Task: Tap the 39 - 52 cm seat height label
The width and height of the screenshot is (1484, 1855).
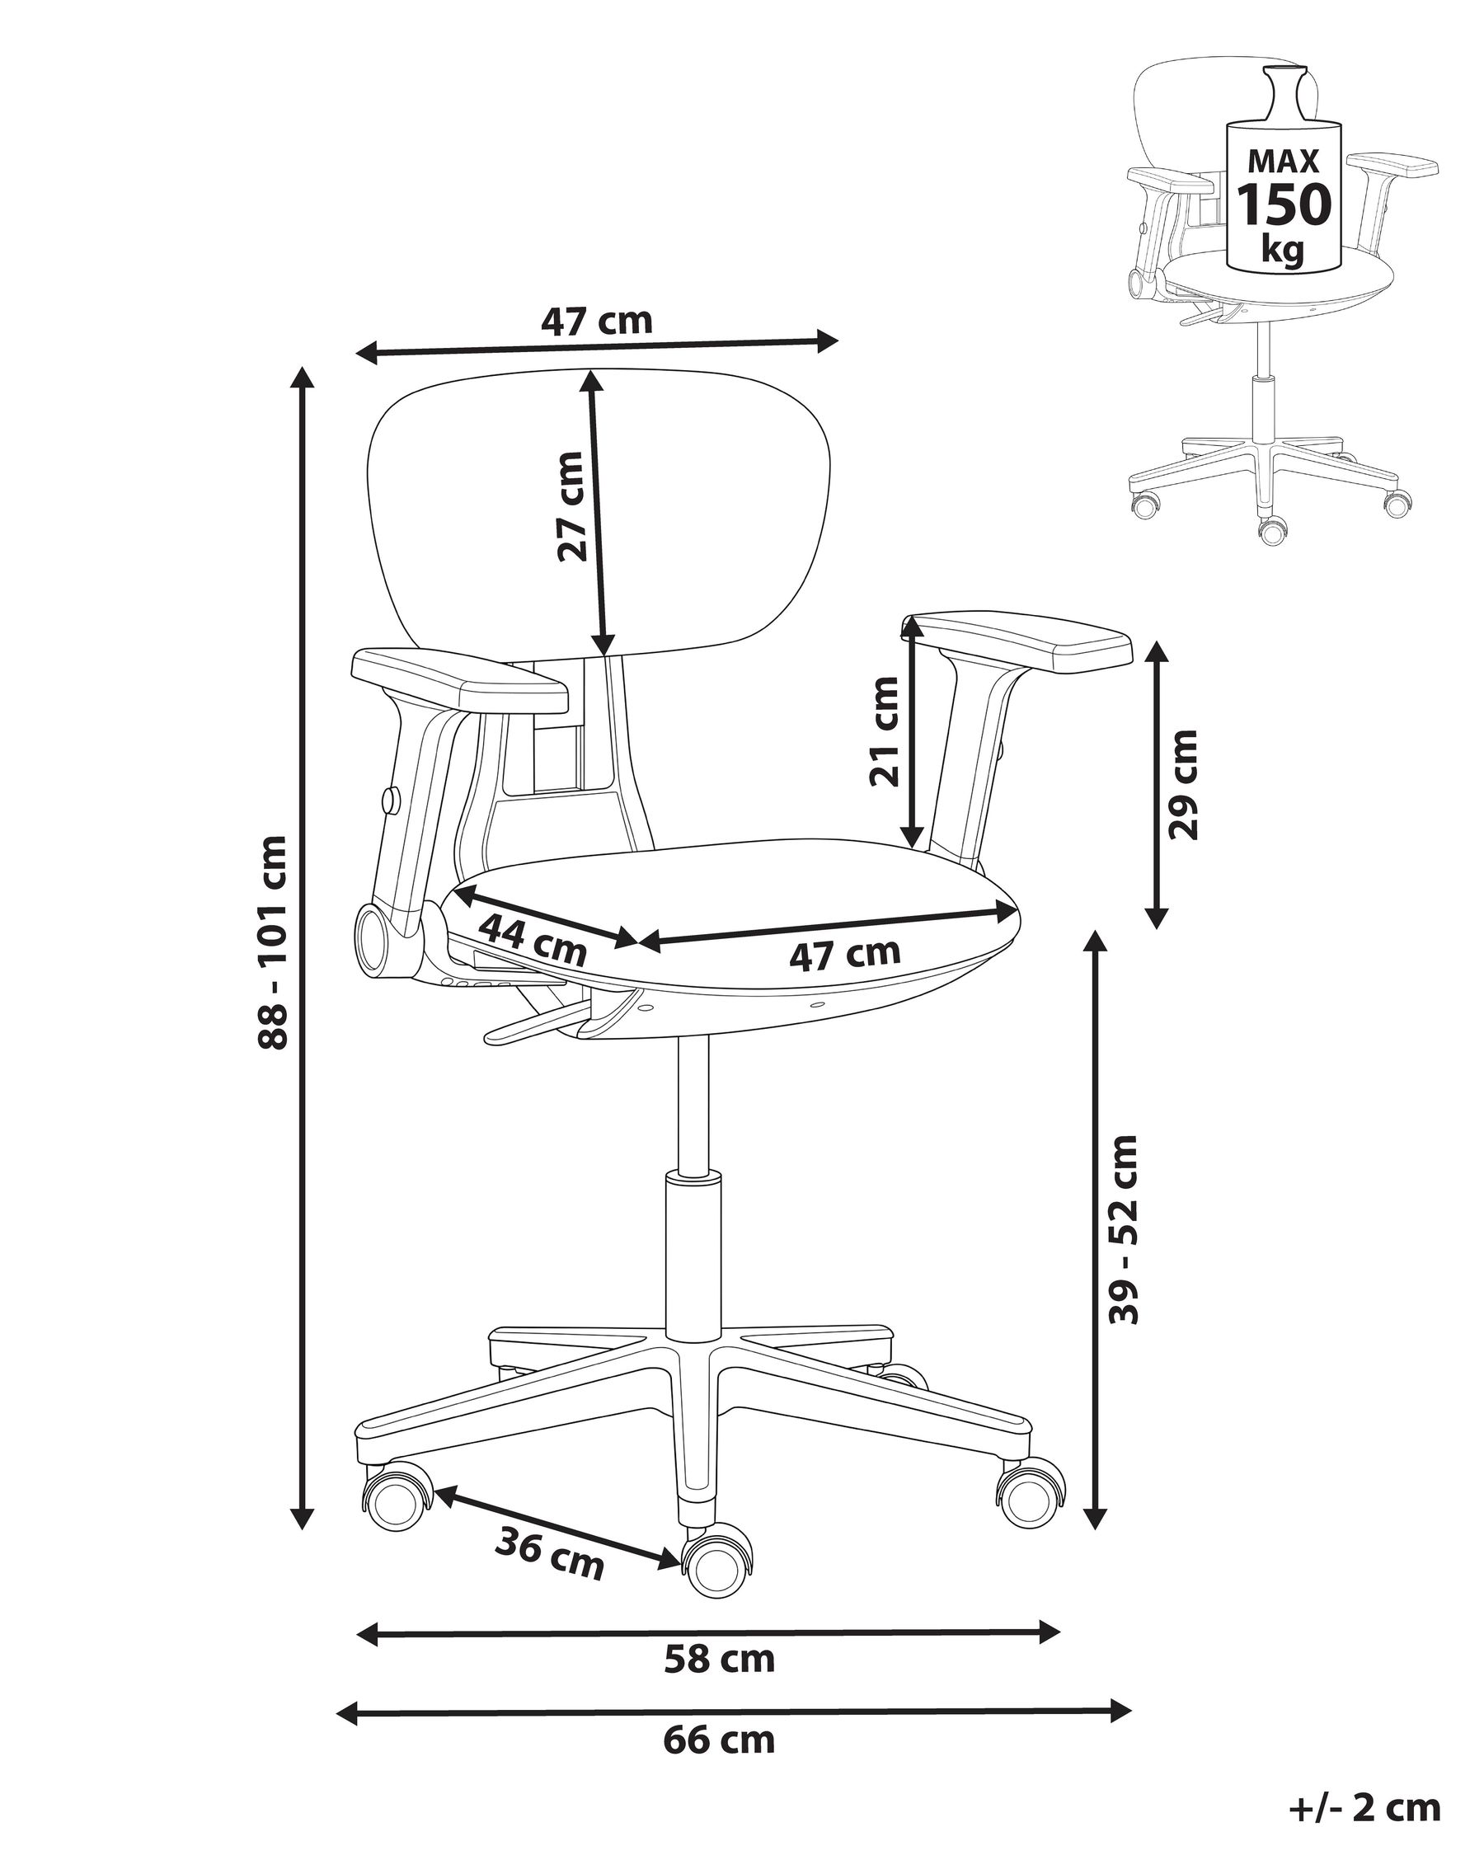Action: click(x=1125, y=1229)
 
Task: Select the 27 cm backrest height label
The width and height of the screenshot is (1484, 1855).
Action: click(x=571, y=506)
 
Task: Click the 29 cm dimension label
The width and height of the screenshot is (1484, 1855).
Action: click(x=1183, y=784)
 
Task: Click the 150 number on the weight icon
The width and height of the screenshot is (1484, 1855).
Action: click(x=1284, y=204)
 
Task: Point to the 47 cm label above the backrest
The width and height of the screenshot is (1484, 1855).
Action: click(x=596, y=321)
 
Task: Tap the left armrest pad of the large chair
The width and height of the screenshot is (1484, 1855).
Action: click(x=459, y=679)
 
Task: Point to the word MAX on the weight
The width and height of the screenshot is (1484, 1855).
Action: click(x=1284, y=162)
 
